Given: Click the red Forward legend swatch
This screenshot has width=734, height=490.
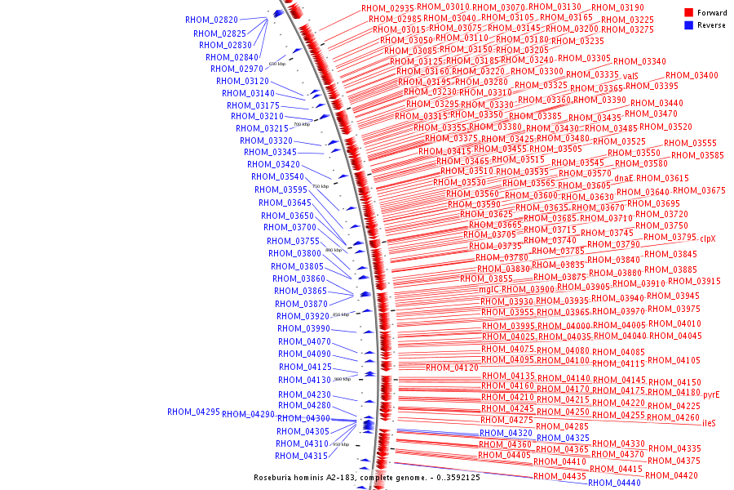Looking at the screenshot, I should tap(689, 13).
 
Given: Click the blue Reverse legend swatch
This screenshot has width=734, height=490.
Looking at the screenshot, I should tap(689, 25).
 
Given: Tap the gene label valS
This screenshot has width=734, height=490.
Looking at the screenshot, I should tap(630, 76).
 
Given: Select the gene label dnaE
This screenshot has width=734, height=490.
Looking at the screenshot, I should tap(624, 178).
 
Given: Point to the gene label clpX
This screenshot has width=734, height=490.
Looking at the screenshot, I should tap(707, 238).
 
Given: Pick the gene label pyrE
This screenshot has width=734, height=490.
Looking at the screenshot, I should tap(711, 394).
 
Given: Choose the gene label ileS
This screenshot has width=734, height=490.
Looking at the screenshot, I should tap(709, 423).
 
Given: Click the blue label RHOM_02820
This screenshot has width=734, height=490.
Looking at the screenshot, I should tap(212, 20).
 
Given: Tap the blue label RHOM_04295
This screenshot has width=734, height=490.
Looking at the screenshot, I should tap(194, 412).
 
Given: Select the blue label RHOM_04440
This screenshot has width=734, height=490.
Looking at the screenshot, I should tap(614, 483).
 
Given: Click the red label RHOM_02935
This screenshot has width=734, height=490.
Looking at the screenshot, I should tap(388, 8).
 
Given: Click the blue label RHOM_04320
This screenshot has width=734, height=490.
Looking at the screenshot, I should tap(506, 434).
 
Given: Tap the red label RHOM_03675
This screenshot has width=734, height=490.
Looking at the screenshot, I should tap(699, 191).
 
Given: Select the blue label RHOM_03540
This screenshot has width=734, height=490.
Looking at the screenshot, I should tap(277, 176).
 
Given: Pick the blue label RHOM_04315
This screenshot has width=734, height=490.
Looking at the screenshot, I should tap(301, 457).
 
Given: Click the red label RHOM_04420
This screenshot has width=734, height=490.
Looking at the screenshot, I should tap(671, 475).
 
